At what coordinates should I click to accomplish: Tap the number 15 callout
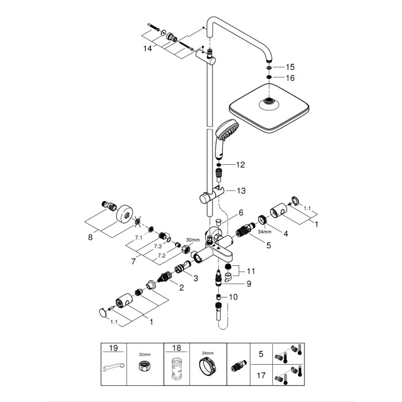click(289, 67)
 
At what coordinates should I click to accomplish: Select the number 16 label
click(289, 78)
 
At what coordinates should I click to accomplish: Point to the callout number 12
click(240, 165)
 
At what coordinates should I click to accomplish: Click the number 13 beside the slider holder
click(240, 190)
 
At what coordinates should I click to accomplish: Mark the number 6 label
click(226, 212)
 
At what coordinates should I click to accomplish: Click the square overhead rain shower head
click(270, 105)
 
